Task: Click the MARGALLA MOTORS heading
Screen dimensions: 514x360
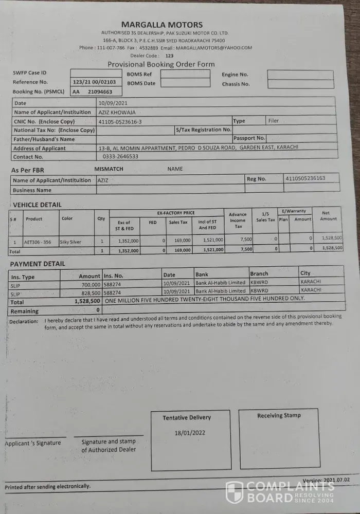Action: tap(162, 25)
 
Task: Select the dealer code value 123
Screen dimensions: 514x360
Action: tap(169, 56)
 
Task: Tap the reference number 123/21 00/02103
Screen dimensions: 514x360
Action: tap(95, 82)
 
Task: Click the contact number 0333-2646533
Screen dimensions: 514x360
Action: tap(120, 156)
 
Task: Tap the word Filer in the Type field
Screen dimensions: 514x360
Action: tap(273, 121)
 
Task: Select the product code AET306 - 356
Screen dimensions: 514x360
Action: tap(38, 242)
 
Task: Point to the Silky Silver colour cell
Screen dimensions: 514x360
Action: tap(71, 242)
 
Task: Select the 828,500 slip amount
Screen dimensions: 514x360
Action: tap(90, 292)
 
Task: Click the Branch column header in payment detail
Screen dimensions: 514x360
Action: tap(259, 274)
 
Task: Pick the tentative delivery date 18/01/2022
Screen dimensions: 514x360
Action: tap(190, 433)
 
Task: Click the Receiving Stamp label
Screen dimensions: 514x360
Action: tap(279, 415)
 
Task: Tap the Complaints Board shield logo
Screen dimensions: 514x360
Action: tap(235, 492)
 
